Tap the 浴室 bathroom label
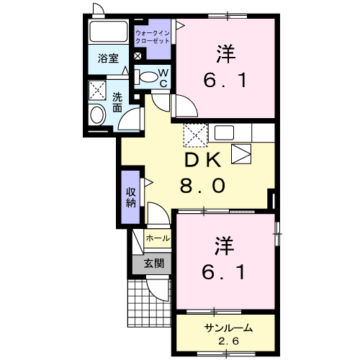coord(109,58)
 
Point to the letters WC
coord(163,76)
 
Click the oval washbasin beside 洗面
coord(96,114)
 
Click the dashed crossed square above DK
coord(195,134)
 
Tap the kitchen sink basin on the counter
coord(224,133)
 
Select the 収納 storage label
coord(131,196)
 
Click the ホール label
coord(158,238)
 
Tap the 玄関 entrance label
coord(153,263)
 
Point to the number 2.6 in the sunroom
coord(227,341)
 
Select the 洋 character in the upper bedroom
coord(226,55)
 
